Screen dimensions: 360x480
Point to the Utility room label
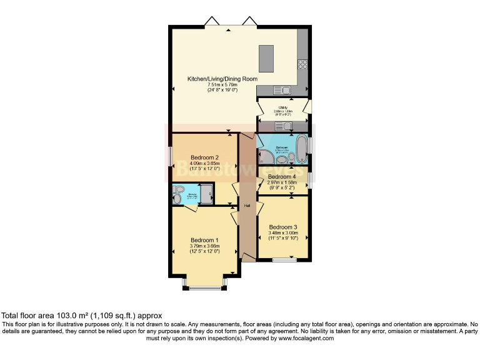pyautogui.click(x=283, y=107)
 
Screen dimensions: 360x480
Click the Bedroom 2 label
pyautogui.click(x=204, y=157)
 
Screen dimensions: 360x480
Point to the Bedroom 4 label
pyautogui.click(x=282, y=177)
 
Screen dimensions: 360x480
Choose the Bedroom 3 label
pyautogui.click(x=282, y=227)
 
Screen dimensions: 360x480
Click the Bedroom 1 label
pyautogui.click(x=204, y=240)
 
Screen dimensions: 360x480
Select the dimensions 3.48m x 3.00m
pyautogui.click(x=283, y=233)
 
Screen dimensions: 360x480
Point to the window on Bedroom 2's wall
pyautogui.click(x=171, y=156)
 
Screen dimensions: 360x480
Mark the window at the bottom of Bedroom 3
pyautogui.click(x=284, y=259)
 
